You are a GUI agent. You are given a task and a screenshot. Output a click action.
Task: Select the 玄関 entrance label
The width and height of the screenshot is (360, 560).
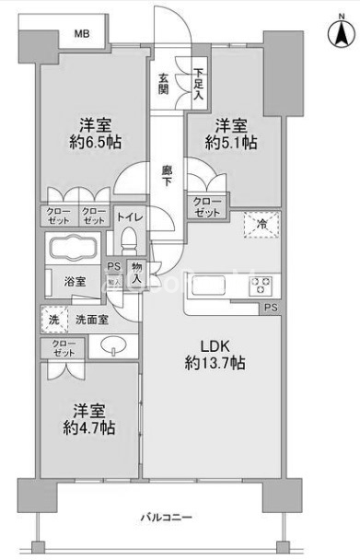tap(162, 85)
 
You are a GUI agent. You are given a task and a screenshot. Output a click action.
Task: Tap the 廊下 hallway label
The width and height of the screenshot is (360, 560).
tap(168, 176)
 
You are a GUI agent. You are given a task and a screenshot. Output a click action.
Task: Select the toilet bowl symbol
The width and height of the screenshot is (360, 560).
tap(130, 242)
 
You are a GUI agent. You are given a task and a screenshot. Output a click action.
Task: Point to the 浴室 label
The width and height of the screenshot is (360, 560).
tap(75, 282)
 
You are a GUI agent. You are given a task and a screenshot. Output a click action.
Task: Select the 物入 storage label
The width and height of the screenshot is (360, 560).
tap(135, 272)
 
